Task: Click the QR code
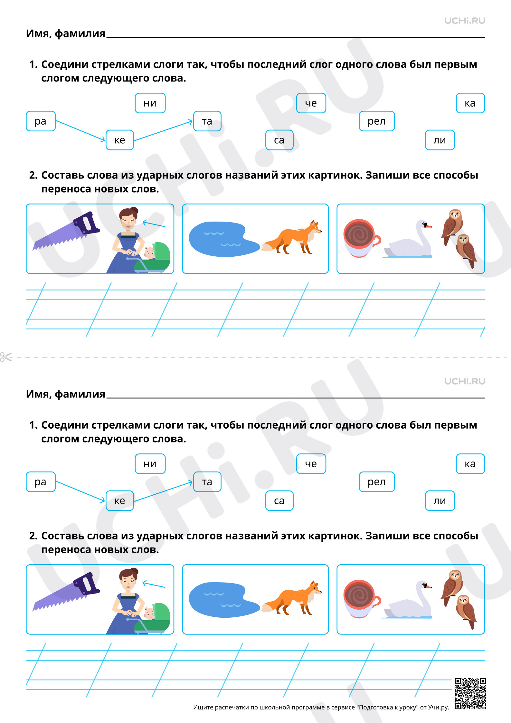coord(470,693)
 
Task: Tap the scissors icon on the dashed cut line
coord(6,357)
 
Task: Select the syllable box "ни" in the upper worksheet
coord(150,103)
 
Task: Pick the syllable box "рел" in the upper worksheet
coord(377,121)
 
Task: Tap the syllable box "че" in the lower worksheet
coord(311,464)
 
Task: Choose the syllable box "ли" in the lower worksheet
coord(440,501)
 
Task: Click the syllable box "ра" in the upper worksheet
coord(41,121)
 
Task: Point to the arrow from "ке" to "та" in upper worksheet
coord(163,131)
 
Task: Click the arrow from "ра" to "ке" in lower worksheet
coord(80,491)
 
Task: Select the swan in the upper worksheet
coord(407,240)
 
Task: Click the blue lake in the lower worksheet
coord(224,600)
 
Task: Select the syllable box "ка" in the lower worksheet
coord(470,464)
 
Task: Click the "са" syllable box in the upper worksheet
coord(279,140)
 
